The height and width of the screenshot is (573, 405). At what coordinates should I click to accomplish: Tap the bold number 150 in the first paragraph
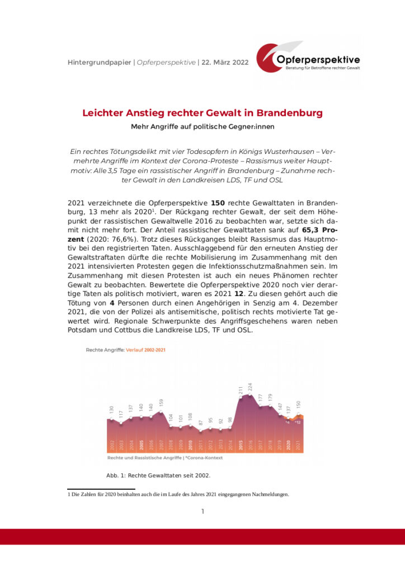218,202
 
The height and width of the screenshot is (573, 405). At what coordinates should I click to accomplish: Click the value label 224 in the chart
251,386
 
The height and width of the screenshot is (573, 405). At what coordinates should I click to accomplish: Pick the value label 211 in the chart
241,390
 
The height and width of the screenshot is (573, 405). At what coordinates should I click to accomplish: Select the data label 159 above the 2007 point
161,403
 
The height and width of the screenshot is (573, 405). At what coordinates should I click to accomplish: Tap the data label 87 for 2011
201,424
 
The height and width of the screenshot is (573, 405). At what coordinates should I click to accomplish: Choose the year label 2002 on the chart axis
112,446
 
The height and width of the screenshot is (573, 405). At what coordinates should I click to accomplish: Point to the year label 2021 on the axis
299,446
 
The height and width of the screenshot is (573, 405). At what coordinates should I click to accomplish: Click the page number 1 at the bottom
202,511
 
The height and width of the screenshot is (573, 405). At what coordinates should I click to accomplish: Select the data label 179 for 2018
270,399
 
